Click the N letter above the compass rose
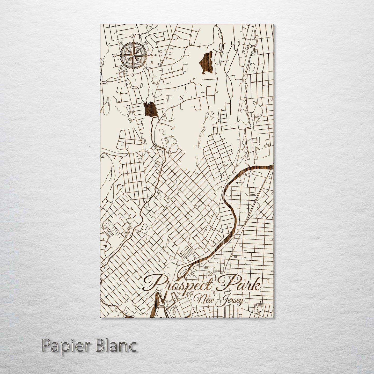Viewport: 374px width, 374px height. [134, 36]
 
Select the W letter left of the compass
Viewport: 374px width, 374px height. [114, 55]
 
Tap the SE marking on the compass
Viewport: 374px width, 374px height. [146, 68]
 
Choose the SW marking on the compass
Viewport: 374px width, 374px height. [120, 68]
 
